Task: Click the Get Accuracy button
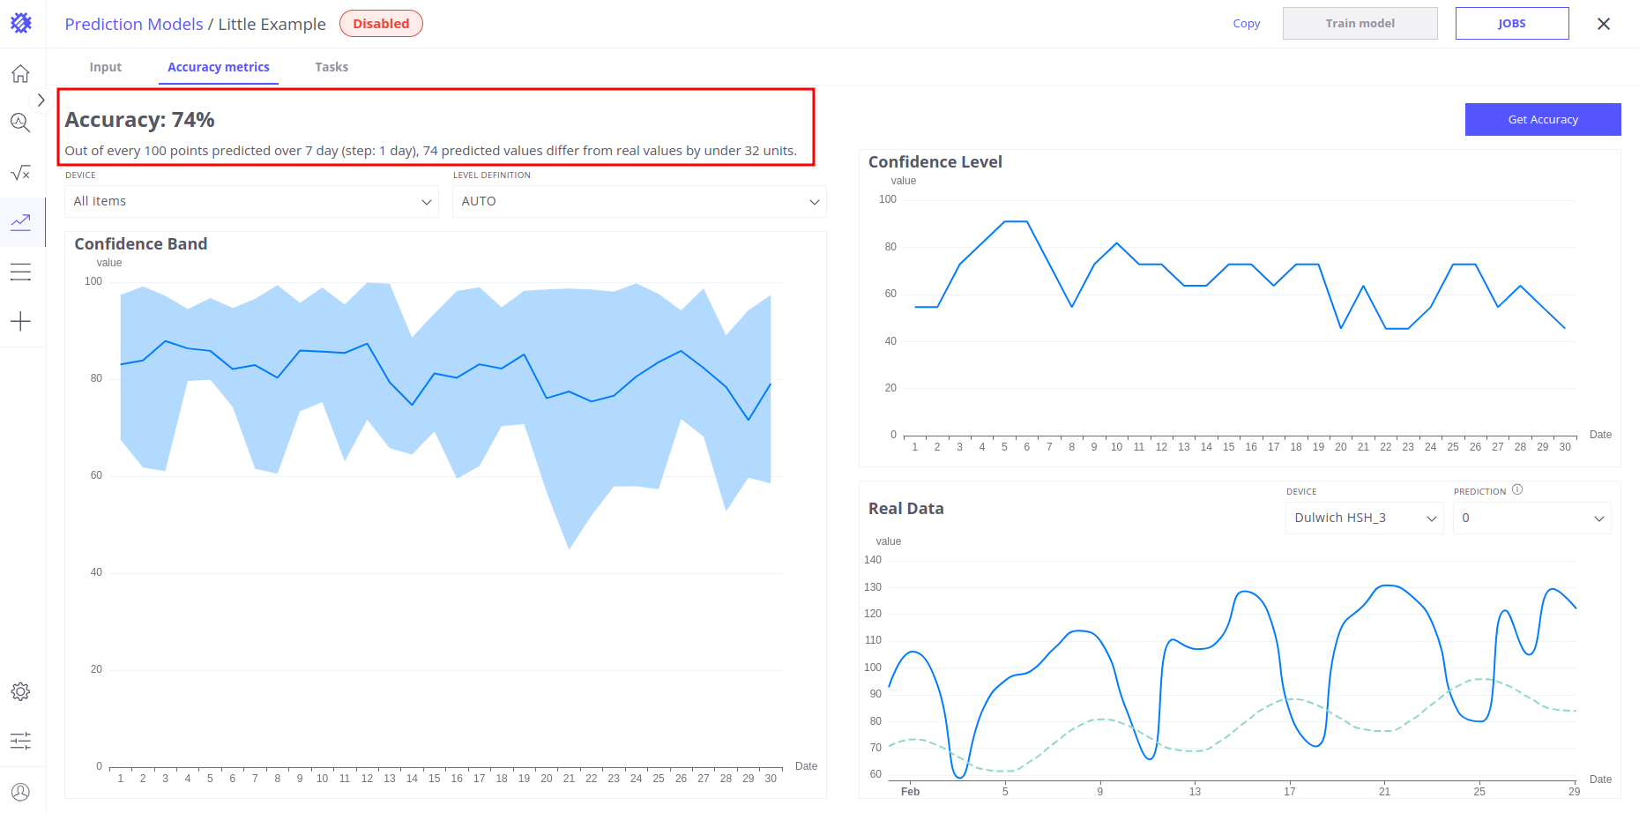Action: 1542,119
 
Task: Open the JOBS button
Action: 1511,24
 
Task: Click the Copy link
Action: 1246,24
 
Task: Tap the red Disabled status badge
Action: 381,24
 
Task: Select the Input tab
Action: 106,67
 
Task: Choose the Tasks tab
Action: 332,67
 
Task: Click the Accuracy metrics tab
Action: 219,67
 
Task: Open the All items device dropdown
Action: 251,201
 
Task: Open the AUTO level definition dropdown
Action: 639,201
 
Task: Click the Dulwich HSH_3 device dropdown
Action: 1364,518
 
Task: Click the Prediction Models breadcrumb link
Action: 134,24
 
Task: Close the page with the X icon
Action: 1603,24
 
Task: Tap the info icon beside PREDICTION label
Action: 1517,489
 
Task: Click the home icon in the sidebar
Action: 20,74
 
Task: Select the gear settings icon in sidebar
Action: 20,691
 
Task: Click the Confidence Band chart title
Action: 141,244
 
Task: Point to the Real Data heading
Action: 905,509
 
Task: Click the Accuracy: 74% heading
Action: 139,120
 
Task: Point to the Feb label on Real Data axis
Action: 910,792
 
